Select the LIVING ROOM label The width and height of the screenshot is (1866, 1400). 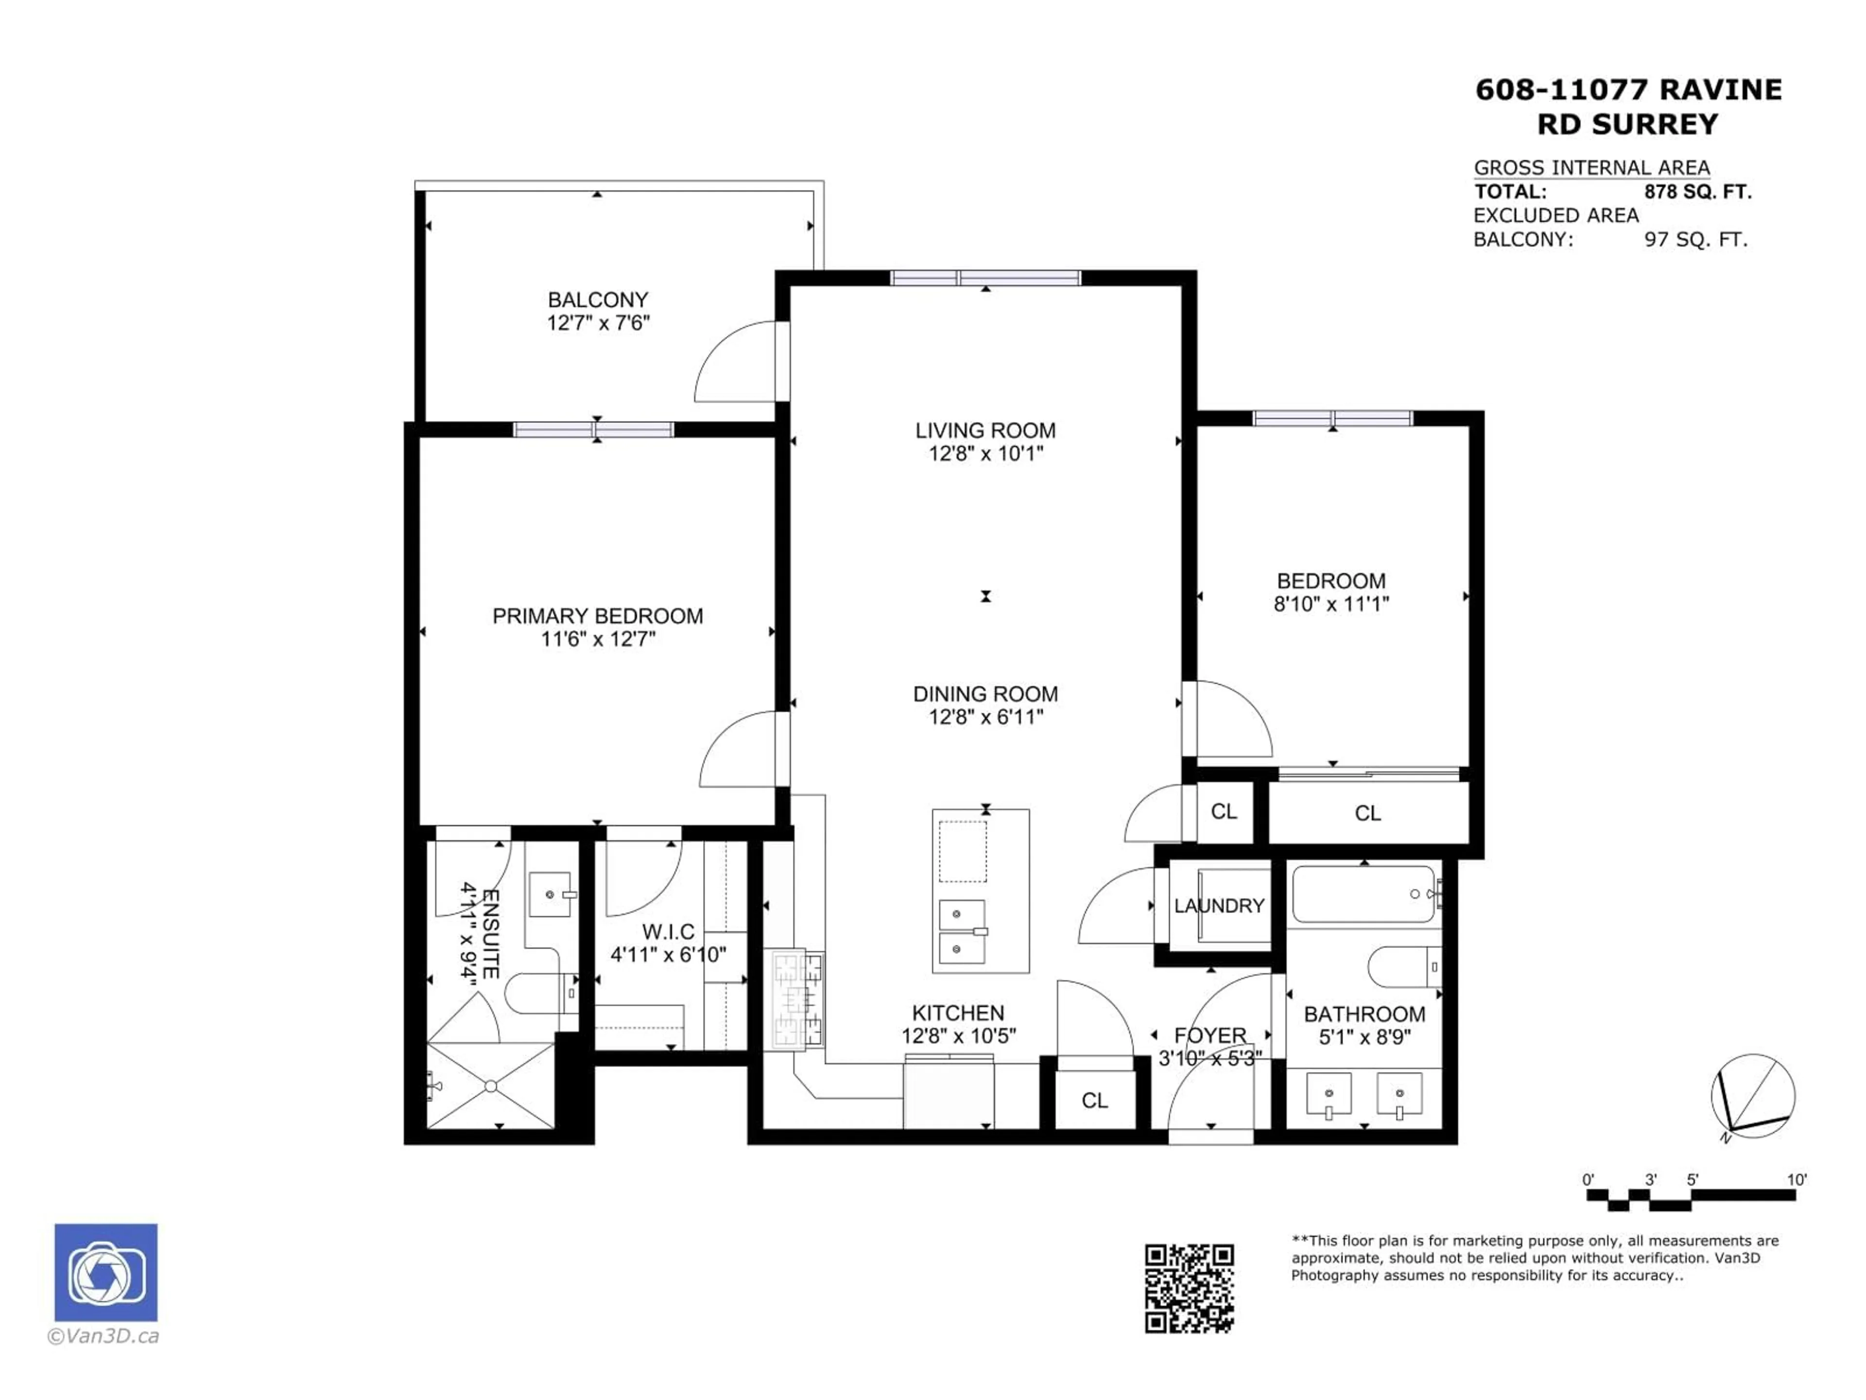coord(985,430)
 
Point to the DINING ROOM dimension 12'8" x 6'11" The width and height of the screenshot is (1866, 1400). coord(985,717)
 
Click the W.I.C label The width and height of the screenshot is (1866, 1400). coord(668,932)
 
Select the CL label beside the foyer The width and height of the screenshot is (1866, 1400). coord(1094,1101)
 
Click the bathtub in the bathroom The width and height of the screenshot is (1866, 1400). coord(1363,894)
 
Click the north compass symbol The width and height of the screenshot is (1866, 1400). coord(1752,1095)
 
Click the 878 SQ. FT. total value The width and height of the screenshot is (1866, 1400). coord(1697,192)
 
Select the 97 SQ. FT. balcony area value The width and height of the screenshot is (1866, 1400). coord(1695,240)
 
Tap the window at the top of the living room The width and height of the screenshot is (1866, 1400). coord(985,278)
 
